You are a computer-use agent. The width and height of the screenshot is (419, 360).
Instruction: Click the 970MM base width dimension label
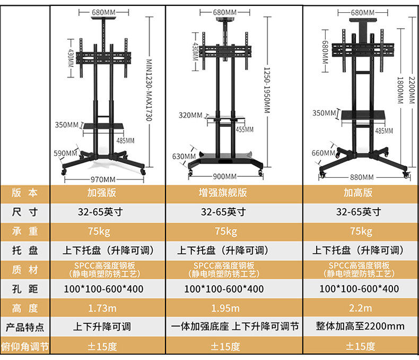[x=104, y=179]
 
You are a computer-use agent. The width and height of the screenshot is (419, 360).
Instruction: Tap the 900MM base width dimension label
[x=225, y=177]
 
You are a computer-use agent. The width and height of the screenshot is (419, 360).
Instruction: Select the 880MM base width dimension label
[x=362, y=177]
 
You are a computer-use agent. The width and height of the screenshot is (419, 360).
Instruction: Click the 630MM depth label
[x=180, y=156]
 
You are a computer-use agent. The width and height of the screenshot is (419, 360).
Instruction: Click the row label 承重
[x=25, y=231]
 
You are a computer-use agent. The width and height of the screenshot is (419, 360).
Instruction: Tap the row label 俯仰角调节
[x=25, y=347]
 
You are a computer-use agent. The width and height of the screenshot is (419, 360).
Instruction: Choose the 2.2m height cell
[x=360, y=308]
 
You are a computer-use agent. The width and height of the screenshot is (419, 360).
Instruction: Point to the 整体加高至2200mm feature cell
[x=360, y=326]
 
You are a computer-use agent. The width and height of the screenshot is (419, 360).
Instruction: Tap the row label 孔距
[x=25, y=289]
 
